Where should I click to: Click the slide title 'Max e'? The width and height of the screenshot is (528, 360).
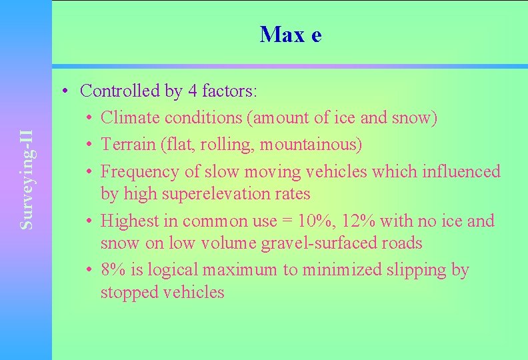(x=291, y=34)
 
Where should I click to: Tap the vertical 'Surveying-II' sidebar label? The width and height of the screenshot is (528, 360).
(x=27, y=179)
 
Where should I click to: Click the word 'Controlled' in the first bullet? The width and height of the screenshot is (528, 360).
(x=113, y=91)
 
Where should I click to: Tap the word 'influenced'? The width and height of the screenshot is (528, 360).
(x=461, y=171)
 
